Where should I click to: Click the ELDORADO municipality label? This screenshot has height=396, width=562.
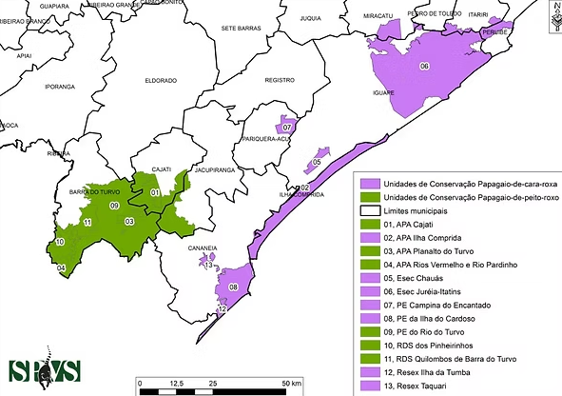pos(161,81)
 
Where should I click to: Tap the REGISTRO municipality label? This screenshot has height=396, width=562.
pos(280,81)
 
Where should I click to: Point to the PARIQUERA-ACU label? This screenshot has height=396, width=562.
pos(264,139)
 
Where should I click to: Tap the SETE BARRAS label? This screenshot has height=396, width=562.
pos(241,29)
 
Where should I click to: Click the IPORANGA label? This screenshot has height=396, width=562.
pos(59,86)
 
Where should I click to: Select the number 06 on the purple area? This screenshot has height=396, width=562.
pos(424,67)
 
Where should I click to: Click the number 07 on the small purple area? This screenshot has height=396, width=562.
pos(286,126)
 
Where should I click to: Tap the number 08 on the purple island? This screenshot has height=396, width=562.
pos(232,287)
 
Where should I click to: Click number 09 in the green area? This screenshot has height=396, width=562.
pos(113,206)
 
